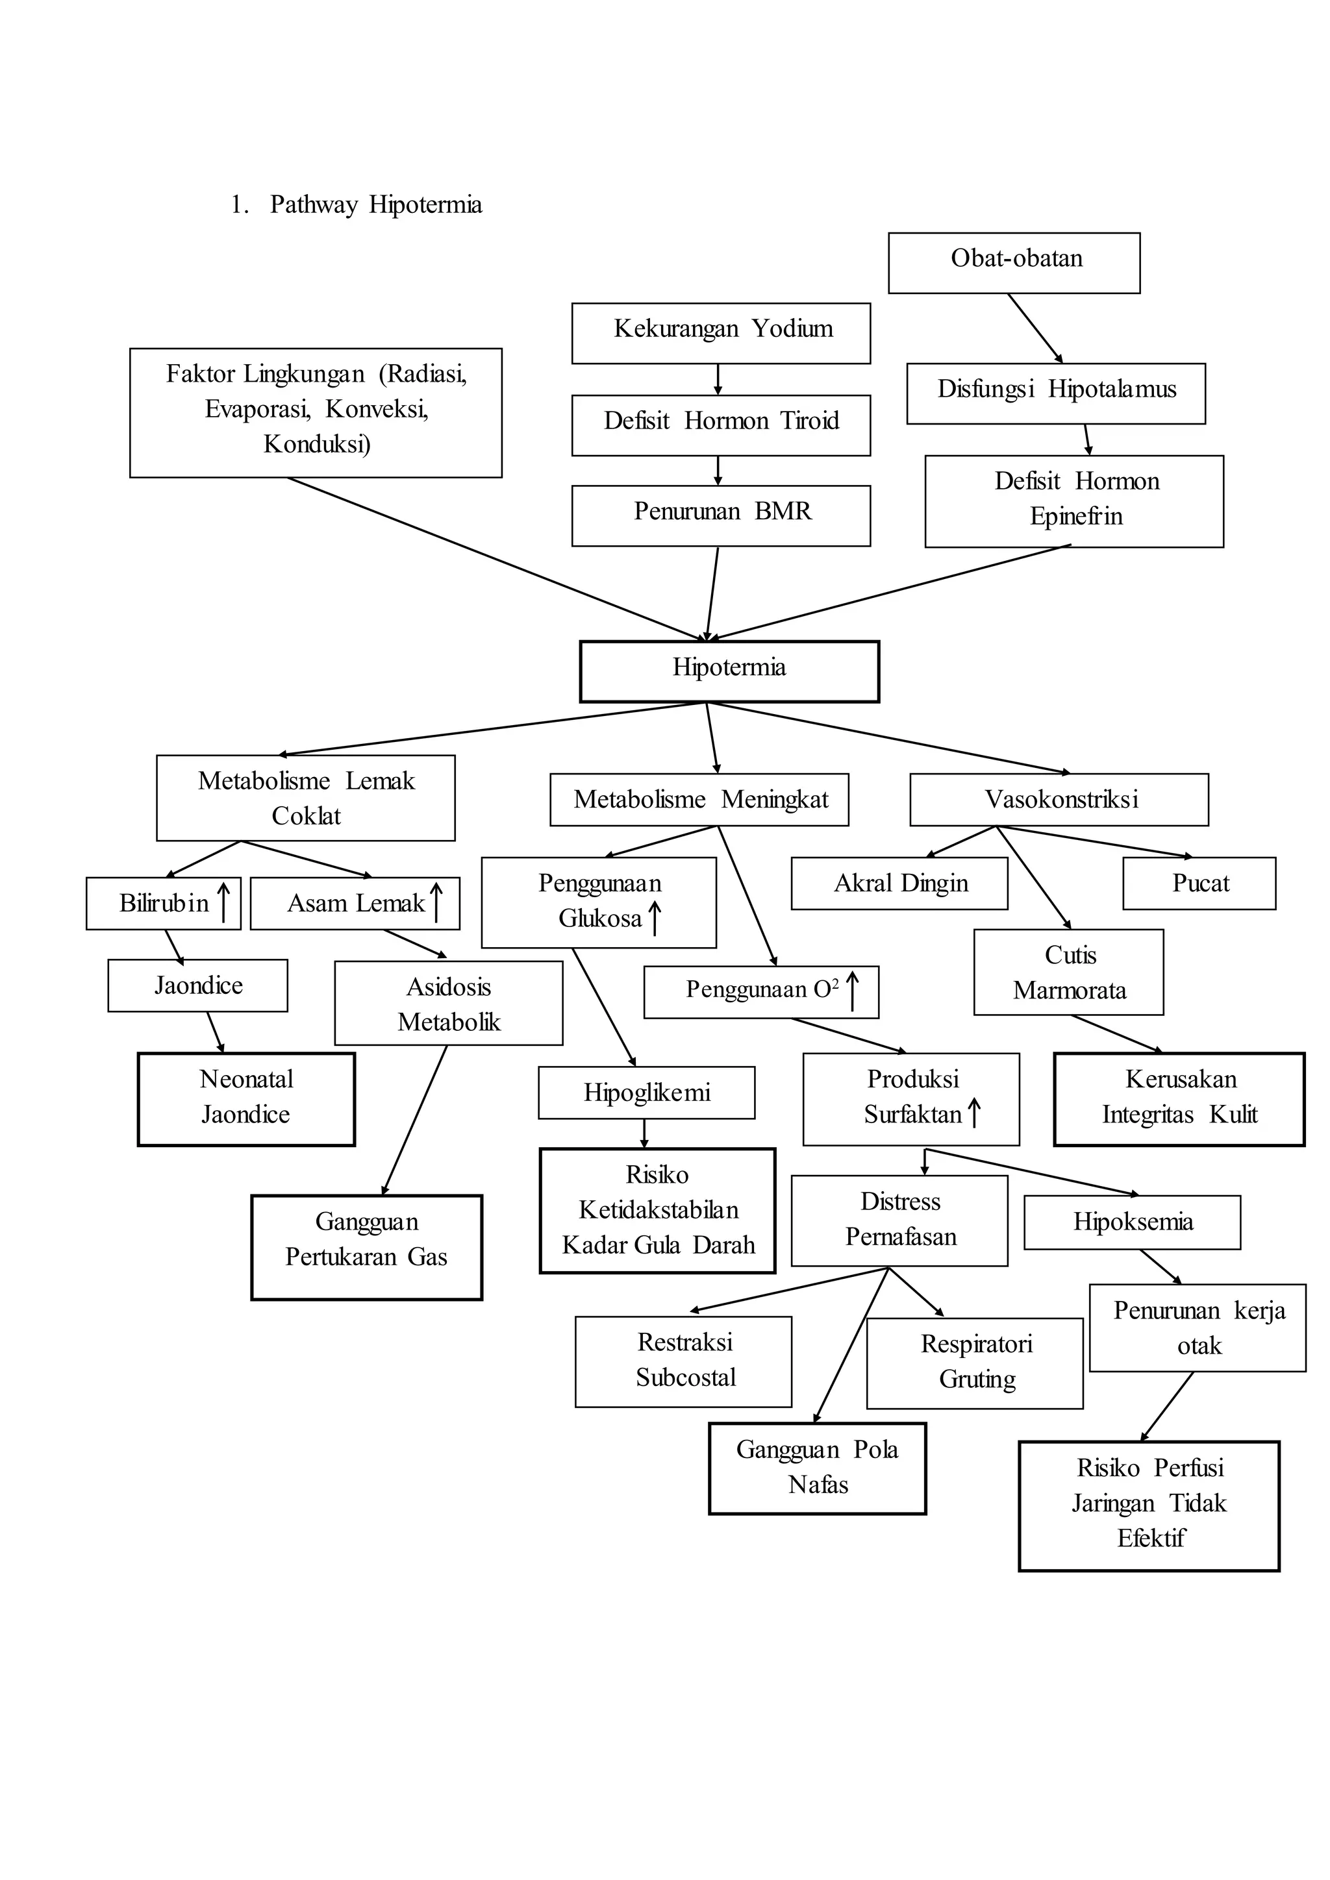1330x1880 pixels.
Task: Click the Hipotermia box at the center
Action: (729, 671)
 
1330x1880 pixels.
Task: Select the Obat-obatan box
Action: (1014, 263)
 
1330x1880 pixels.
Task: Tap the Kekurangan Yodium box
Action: (721, 333)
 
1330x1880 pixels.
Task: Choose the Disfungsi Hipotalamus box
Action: (1056, 393)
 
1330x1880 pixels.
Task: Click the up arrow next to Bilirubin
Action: (223, 902)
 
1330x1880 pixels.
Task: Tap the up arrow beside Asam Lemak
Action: (436, 902)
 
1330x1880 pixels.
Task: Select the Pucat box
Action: (1199, 883)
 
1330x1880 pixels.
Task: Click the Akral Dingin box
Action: (899, 883)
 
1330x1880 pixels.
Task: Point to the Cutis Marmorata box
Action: (1068, 971)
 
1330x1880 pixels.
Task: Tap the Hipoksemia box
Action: (1132, 1222)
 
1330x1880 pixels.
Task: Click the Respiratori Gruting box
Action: (975, 1363)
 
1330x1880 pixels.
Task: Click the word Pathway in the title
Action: (314, 204)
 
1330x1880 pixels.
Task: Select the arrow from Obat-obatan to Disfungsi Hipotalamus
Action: (1035, 328)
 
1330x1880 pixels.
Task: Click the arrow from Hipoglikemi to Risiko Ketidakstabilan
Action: (644, 1133)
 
